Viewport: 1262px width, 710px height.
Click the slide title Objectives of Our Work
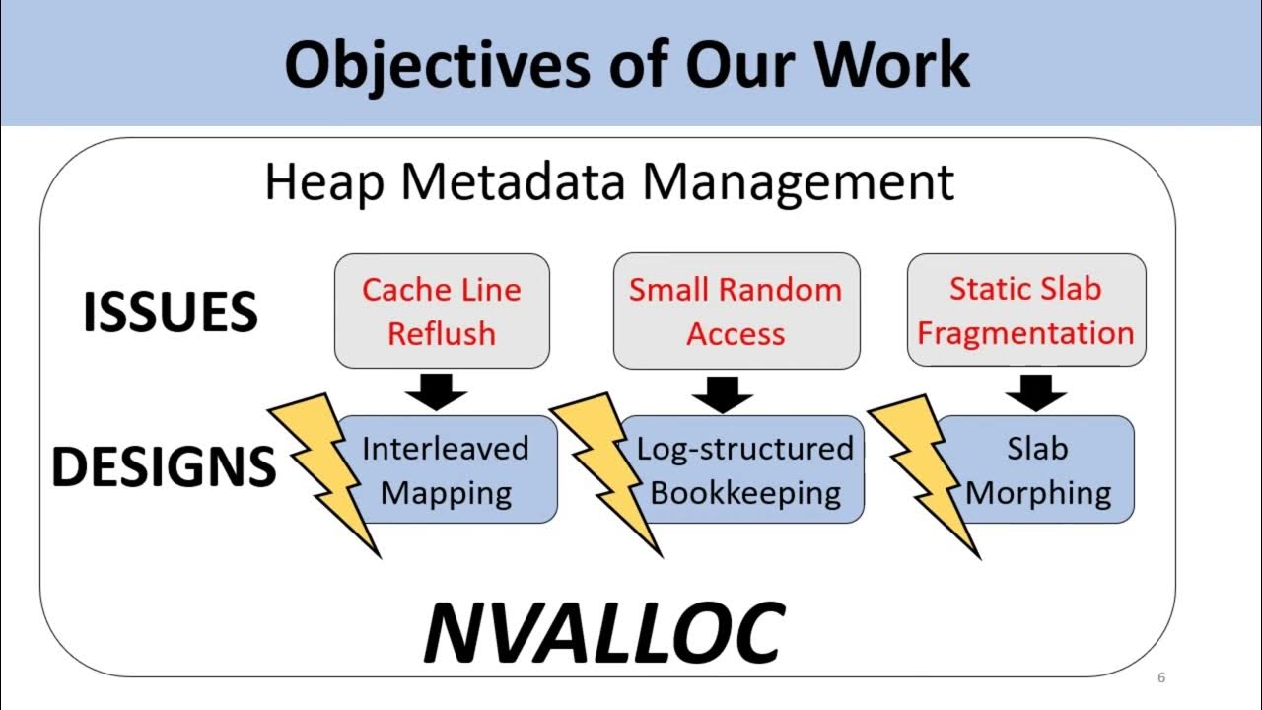(627, 65)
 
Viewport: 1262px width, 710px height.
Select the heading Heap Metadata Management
(609, 183)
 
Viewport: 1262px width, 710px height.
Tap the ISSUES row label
(171, 313)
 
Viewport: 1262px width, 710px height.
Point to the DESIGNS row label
(164, 466)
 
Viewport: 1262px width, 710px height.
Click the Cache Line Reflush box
(442, 312)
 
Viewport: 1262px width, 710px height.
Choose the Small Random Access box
(736, 312)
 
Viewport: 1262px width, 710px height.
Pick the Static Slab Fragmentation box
(1025, 312)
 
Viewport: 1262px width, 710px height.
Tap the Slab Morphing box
(1037, 469)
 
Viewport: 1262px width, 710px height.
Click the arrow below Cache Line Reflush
(436, 391)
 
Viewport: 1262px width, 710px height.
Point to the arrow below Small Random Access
(722, 392)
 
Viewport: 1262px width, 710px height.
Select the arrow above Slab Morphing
(1036, 392)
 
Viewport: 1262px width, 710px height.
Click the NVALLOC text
(603, 632)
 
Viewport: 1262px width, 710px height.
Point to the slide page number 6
(1161, 677)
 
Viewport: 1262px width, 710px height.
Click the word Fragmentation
(1025, 333)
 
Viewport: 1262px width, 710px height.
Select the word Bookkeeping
(745, 492)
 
